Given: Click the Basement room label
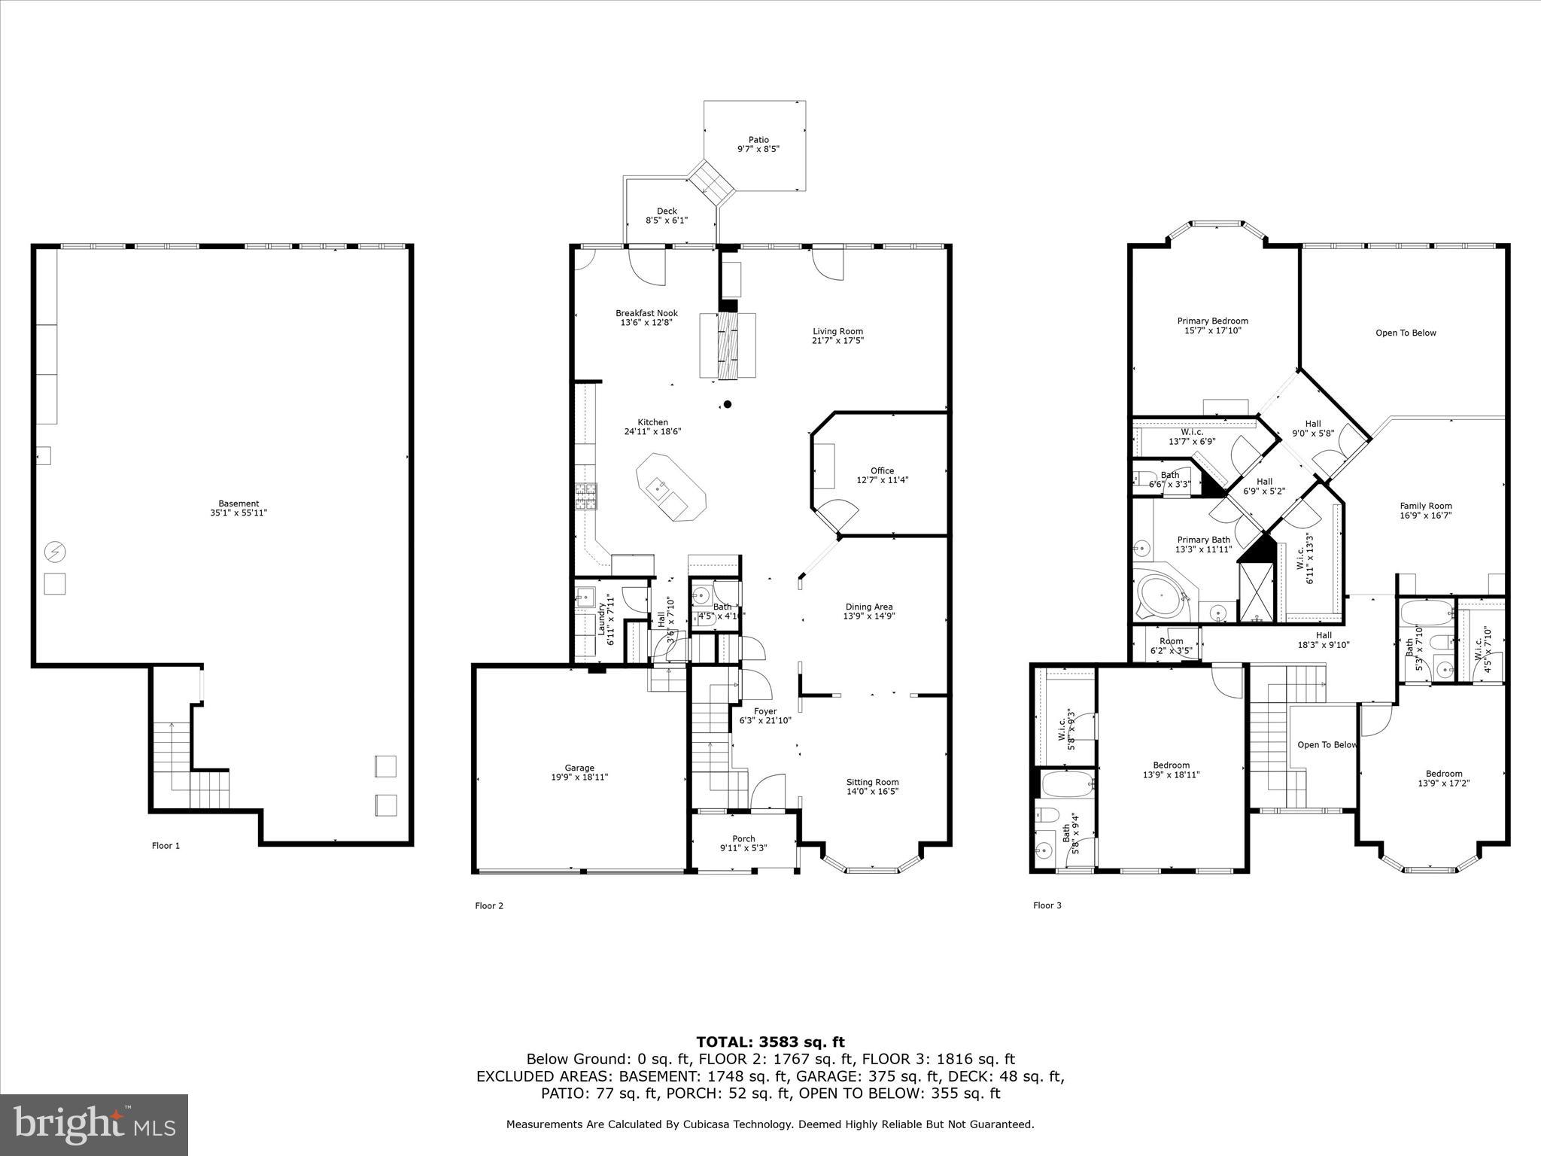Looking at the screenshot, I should click(x=239, y=503).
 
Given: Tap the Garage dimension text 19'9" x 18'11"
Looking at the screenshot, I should click(x=579, y=777).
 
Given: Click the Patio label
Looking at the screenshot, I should click(x=758, y=139).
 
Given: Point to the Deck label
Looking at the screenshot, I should click(x=667, y=211).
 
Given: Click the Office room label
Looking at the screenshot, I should click(x=883, y=470).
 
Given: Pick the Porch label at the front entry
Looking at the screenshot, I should click(x=743, y=838).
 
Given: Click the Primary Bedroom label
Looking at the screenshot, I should click(x=1212, y=321).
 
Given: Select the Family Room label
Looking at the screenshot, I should click(x=1426, y=506).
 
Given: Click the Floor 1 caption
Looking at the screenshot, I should click(x=166, y=845).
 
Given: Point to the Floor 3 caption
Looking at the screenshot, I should click(x=1047, y=905).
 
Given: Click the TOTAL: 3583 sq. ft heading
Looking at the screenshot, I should click(x=770, y=1042).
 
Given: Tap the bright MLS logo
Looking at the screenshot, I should click(x=94, y=1124).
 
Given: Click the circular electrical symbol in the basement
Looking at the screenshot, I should click(x=55, y=552).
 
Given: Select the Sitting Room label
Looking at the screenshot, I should click(x=872, y=782).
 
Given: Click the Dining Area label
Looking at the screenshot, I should click(x=868, y=607).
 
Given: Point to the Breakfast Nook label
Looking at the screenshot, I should click(x=646, y=313).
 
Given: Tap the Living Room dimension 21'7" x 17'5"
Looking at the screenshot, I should click(x=837, y=340).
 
